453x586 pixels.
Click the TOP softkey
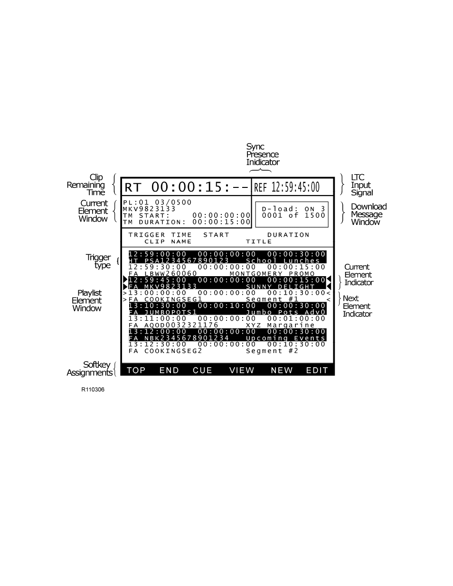pyautogui.click(x=136, y=370)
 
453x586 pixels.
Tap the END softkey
pyautogui.click(x=169, y=370)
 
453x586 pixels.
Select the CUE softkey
pyautogui.click(x=202, y=370)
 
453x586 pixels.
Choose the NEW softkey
pyautogui.click(x=282, y=370)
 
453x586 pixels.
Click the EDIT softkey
pyautogui.click(x=317, y=370)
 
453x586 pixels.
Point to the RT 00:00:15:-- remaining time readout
pyautogui.click(x=186, y=187)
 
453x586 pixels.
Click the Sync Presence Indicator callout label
pyautogui.click(x=262, y=155)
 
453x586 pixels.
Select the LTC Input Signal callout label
pyautogui.click(x=361, y=185)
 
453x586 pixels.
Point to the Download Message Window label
pyautogui.click(x=368, y=214)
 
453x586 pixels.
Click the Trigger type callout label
pyautogui.click(x=99, y=261)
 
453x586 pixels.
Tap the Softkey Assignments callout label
pyautogui.click(x=90, y=369)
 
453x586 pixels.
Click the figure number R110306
pyautogui.click(x=93, y=390)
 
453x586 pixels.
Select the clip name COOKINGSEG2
pyautogui.click(x=173, y=351)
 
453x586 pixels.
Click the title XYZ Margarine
pyautogui.click(x=280, y=325)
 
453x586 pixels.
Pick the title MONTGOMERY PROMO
pyautogui.click(x=272, y=274)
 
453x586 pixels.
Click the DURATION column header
pyautogui.click(x=288, y=235)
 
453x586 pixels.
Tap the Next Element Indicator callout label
pyautogui.click(x=357, y=306)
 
